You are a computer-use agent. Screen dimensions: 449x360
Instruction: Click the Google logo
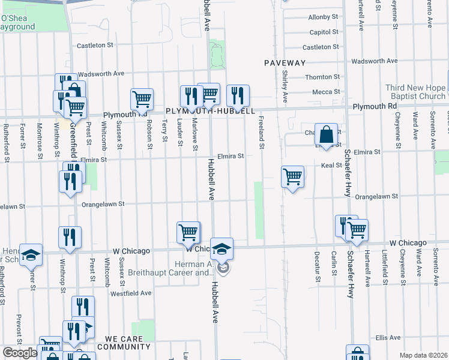point(20,353)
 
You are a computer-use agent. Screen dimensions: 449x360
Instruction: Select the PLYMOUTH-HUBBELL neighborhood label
point(211,111)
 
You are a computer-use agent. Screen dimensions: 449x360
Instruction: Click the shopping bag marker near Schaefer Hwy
point(325,137)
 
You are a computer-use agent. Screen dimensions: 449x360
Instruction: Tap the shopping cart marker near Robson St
point(142,100)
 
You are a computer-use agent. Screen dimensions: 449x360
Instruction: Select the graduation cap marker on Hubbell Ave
point(221,250)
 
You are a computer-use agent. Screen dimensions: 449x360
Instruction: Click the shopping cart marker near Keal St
point(292,178)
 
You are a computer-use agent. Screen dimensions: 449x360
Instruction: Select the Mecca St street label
point(326,92)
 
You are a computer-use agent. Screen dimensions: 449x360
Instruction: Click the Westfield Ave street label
point(131,293)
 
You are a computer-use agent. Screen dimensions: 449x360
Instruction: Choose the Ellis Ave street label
point(387,338)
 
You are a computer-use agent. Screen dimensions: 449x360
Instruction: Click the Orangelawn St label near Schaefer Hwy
point(377,196)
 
